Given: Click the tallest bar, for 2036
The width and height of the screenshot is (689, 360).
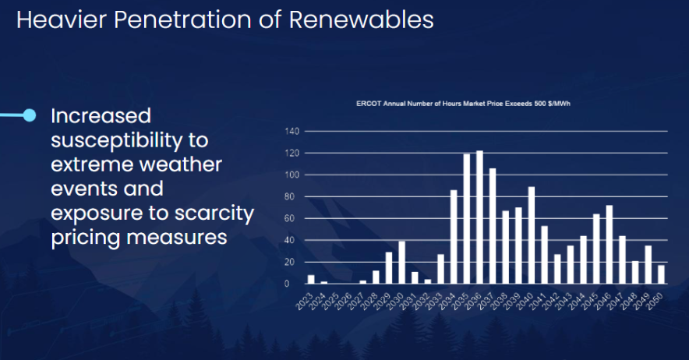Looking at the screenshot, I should (479, 217).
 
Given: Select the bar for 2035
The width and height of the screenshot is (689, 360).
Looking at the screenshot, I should (467, 219).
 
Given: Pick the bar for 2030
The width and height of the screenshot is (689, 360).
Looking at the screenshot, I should (402, 263).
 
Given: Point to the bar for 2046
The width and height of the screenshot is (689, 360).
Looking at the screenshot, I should (609, 245).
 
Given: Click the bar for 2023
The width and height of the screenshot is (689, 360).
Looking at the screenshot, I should (311, 280).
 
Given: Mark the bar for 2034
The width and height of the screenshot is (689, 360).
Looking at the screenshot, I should (454, 237).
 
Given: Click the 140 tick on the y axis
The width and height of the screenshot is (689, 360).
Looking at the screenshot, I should (292, 131).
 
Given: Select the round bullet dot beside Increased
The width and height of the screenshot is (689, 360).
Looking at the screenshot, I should (30, 115).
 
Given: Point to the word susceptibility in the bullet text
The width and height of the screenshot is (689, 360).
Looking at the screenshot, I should (130, 140).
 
